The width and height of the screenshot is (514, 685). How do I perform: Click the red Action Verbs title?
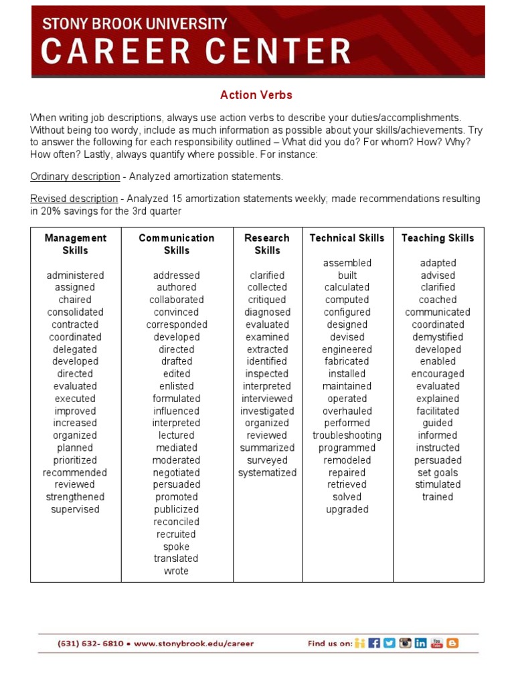click(x=256, y=95)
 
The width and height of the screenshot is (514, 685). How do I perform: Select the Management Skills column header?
click(x=75, y=244)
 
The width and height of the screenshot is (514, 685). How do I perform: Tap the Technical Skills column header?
click(x=347, y=238)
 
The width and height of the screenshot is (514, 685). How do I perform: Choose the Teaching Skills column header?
click(x=437, y=238)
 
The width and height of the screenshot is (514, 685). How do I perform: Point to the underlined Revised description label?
click(x=74, y=199)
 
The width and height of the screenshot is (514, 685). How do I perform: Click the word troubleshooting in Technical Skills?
click(x=347, y=435)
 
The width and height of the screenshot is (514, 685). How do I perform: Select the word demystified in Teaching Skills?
click(x=437, y=337)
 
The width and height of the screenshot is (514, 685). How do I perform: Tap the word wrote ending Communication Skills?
click(x=176, y=571)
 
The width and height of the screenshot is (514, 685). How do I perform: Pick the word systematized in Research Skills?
click(x=267, y=473)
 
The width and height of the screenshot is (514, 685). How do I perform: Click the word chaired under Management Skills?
click(x=75, y=300)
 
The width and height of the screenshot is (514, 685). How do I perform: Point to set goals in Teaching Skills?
click(x=437, y=473)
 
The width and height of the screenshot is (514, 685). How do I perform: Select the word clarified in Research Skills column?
click(x=267, y=275)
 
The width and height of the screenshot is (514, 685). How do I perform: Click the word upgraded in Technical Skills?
click(x=347, y=510)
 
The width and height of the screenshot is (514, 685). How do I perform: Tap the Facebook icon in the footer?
click(x=374, y=643)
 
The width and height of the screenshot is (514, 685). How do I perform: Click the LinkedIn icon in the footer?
click(x=420, y=643)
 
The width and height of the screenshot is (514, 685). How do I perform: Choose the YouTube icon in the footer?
click(x=436, y=643)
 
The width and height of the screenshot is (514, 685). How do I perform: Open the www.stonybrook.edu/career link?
click(x=194, y=644)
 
